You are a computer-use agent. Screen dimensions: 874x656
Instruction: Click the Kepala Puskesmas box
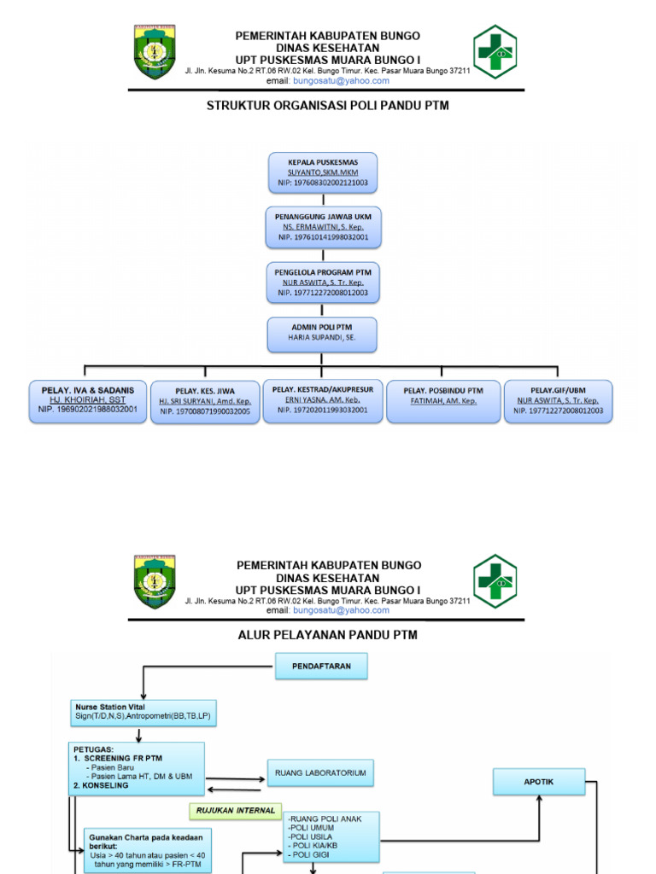pos(322,172)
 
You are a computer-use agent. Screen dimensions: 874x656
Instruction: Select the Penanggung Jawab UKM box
pos(322,227)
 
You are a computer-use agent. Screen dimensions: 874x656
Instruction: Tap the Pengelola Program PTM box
pos(322,282)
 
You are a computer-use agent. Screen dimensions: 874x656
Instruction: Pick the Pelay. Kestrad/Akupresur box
pos(322,399)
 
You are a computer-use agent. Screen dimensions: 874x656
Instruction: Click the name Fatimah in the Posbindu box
pos(445,400)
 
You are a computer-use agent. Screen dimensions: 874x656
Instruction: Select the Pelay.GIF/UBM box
pos(558,400)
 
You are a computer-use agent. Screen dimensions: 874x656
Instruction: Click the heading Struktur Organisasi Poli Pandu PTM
pos(328,106)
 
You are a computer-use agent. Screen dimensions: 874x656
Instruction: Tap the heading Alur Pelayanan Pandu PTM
pos(328,635)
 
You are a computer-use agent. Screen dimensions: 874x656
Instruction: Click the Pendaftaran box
pos(321,667)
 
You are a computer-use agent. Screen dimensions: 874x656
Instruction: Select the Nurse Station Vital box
pos(143,712)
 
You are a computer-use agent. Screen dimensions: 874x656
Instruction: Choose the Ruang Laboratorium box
pos(320,773)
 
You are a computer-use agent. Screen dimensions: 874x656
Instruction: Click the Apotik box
pos(538,780)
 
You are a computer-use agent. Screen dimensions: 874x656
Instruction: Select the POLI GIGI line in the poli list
pos(310,854)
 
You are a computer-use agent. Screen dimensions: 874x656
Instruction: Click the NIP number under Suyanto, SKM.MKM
pos(322,183)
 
